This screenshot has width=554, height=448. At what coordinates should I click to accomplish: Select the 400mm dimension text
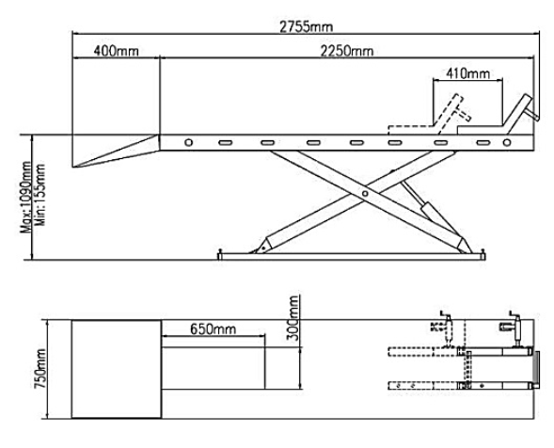[x=114, y=50]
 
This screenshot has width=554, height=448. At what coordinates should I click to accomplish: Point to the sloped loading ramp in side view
[x=118, y=151]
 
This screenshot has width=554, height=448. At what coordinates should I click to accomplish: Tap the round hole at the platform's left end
[x=188, y=143]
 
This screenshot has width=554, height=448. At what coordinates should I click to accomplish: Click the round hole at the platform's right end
[x=507, y=143]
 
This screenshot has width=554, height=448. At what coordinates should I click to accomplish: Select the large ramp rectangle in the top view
[x=116, y=368]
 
